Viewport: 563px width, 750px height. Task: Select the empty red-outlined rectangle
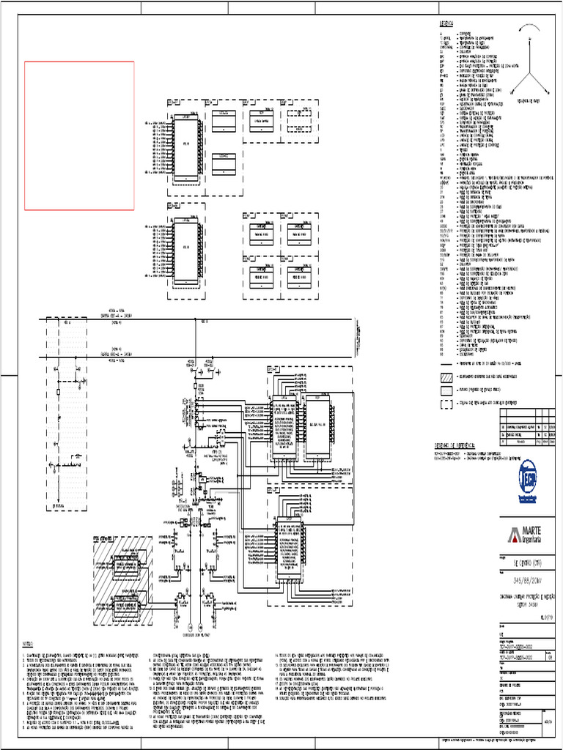tap(80, 136)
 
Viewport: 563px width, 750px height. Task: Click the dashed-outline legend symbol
tap(446, 403)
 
